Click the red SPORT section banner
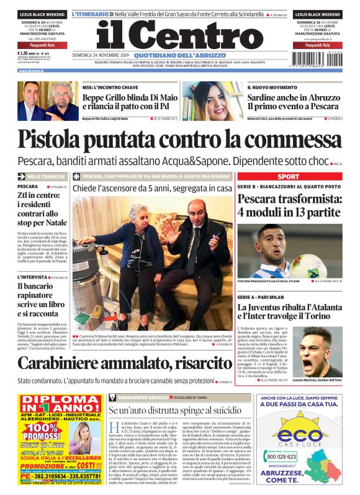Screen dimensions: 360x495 tap(288, 177)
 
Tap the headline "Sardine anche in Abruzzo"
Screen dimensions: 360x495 tap(294, 97)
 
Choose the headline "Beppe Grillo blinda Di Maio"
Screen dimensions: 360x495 tap(130, 97)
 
